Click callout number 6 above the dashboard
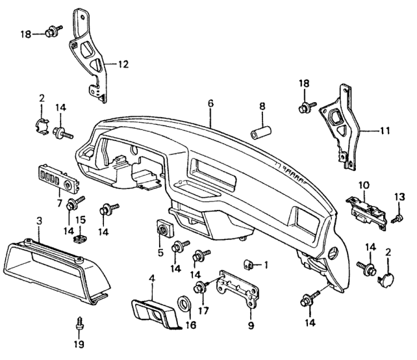click(x=210, y=103)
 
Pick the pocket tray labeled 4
click(x=156, y=313)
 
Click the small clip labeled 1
click(x=249, y=264)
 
